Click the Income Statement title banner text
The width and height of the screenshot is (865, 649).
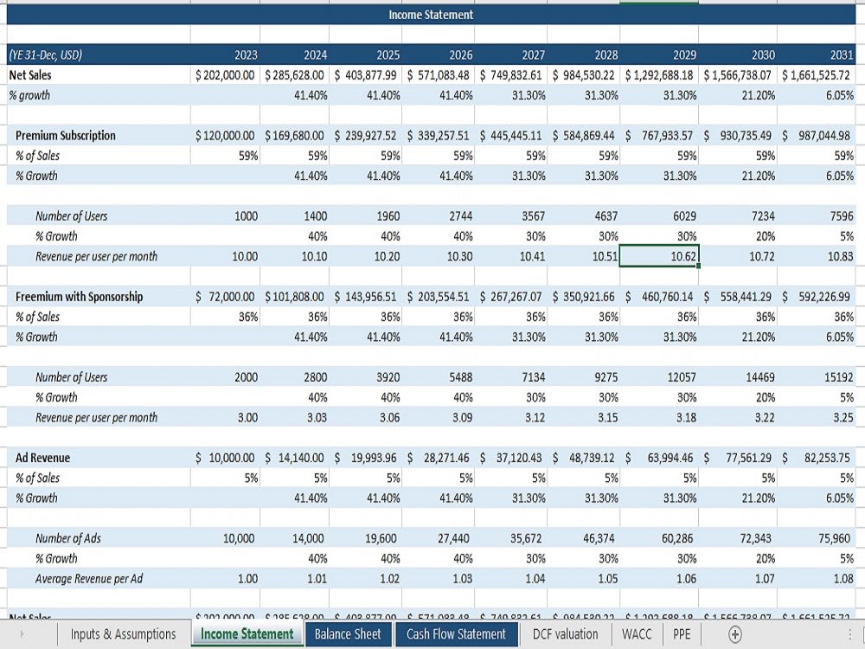431,15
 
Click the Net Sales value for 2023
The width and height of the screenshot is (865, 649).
226,75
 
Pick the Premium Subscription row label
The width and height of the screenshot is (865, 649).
66,136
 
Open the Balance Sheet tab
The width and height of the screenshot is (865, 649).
348,634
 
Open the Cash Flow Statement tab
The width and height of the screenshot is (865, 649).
456,634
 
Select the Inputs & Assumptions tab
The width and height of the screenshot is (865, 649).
123,634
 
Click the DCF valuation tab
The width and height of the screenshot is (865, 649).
566,634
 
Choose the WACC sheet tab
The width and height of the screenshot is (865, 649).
637,634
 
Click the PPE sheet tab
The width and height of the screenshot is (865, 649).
682,634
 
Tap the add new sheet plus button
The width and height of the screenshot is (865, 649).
735,634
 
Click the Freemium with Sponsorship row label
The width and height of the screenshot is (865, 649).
80,297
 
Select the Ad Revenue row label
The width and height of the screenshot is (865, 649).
43,458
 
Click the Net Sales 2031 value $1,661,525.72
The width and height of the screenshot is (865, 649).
816,75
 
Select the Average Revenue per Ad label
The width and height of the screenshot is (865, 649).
89,579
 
